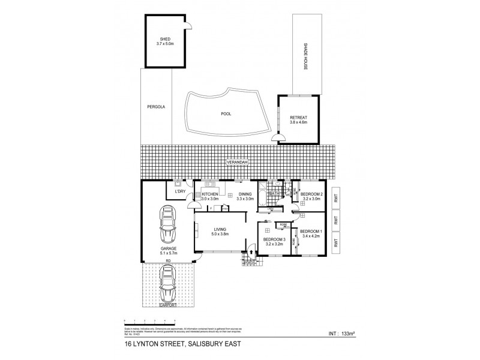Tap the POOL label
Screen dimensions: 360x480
coord(226,113)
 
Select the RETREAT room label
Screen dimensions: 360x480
coord(298,116)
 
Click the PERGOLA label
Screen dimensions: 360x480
coord(155,107)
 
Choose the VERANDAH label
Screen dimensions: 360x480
coord(238,163)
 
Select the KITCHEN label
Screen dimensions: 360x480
coord(209,194)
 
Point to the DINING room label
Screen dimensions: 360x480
coord(244,194)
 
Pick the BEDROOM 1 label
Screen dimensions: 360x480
coord(311,232)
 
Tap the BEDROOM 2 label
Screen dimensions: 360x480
coord(312,194)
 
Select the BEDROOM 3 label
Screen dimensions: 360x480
coord(274,240)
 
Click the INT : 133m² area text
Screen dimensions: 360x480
coord(340,331)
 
